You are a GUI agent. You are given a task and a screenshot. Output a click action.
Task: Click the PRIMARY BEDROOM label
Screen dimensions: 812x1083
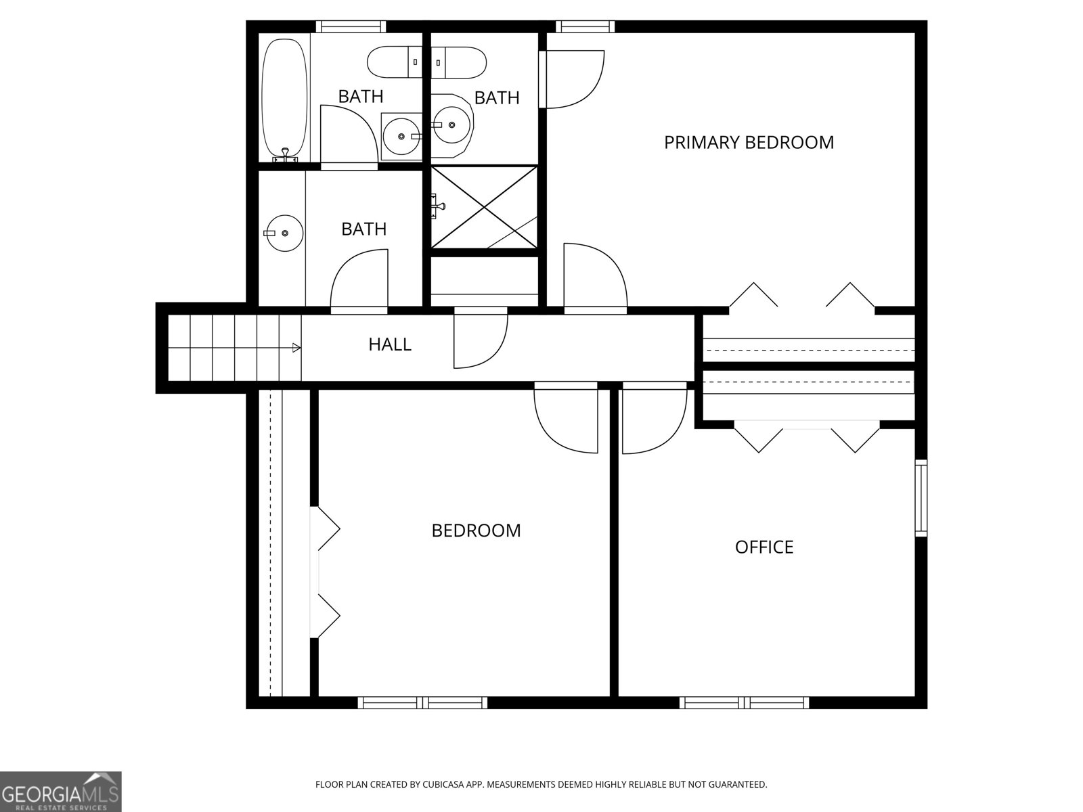[749, 143]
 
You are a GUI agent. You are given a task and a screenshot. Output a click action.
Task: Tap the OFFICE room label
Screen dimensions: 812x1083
[764, 547]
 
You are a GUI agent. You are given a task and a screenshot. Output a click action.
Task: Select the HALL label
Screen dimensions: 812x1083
[390, 344]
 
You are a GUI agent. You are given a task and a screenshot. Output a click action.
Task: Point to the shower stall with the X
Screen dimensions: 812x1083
[484, 207]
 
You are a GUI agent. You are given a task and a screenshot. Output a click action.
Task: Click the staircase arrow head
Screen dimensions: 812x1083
[296, 348]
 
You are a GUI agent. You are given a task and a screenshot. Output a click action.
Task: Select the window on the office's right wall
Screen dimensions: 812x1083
[921, 498]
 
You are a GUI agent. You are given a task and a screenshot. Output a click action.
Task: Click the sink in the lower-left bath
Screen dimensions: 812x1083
[284, 233]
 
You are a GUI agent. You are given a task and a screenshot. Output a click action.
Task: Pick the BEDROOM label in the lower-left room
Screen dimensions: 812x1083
[477, 531]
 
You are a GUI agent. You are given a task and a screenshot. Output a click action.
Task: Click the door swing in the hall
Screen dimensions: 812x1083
[479, 338]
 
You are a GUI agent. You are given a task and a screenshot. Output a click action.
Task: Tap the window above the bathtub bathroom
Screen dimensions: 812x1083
[351, 27]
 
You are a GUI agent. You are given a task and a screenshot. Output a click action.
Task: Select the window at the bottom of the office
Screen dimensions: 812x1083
[744, 703]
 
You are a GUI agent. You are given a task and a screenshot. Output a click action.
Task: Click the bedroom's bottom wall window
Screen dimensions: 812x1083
[422, 703]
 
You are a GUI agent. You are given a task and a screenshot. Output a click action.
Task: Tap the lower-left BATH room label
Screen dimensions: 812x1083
[364, 229]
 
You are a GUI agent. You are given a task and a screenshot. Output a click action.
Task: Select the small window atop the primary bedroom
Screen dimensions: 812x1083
[585, 27]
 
